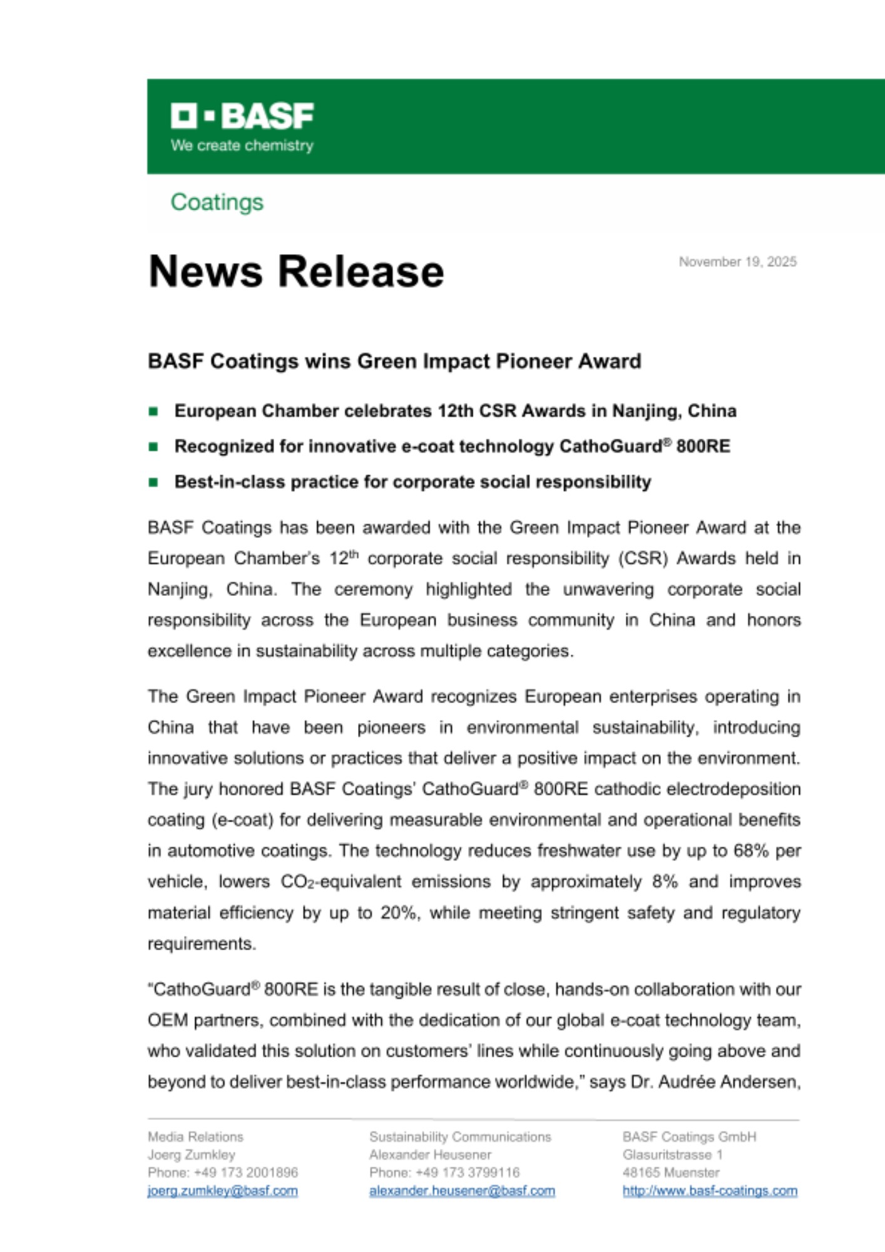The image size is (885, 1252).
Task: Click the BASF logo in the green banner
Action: tap(242, 116)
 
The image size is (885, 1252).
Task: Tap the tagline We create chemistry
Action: tap(242, 145)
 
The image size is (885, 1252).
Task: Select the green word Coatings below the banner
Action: tap(217, 202)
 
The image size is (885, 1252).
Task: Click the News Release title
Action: tap(296, 271)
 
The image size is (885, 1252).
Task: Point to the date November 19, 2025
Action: tap(737, 262)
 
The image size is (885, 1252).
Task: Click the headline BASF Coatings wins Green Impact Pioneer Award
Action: tap(394, 361)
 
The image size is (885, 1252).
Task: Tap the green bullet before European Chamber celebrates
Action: tap(153, 411)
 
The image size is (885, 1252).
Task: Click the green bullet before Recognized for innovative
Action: tap(153, 447)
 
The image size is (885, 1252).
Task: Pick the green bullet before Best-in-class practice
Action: tap(153, 482)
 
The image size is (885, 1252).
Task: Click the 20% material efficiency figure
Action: tap(399, 913)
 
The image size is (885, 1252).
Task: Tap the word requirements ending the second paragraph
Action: tap(202, 943)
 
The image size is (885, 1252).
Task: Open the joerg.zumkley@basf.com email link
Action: tap(222, 1191)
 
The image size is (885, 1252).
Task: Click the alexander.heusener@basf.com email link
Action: tap(462, 1191)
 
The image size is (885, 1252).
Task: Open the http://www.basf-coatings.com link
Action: tap(710, 1191)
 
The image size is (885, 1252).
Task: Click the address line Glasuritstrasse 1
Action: tap(672, 1154)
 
